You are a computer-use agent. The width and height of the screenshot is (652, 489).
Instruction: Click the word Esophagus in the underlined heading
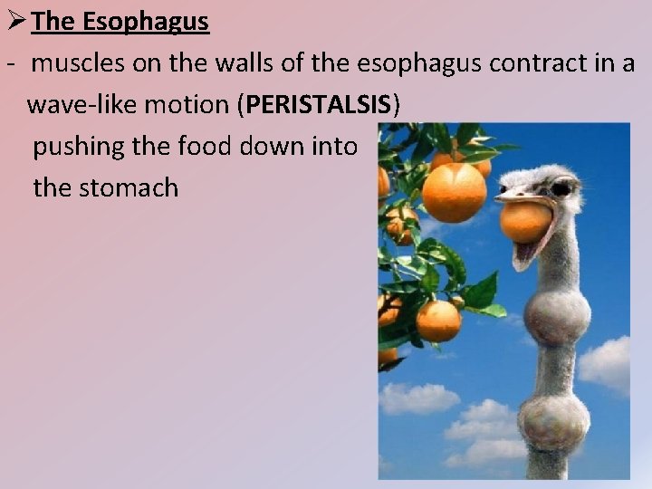(x=146, y=22)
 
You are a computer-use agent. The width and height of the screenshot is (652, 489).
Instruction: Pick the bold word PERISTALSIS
(x=319, y=104)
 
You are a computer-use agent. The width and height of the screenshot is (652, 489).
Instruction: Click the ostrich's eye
(x=561, y=188)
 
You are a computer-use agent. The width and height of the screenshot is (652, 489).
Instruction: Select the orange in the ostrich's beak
(x=526, y=222)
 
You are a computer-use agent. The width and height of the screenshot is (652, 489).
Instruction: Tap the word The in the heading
(x=53, y=22)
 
